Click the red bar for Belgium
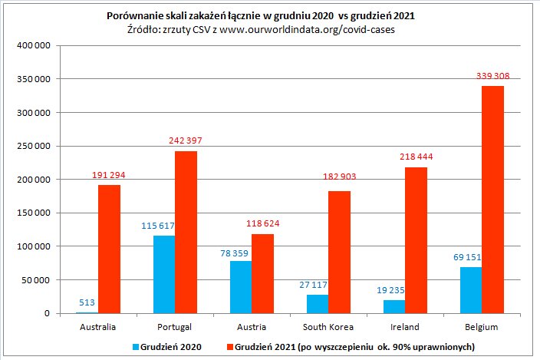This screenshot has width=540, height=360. click(492, 200)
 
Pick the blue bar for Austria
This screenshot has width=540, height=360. click(241, 287)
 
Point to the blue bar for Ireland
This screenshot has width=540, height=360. click(394, 306)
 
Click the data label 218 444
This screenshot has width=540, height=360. click(417, 157)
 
